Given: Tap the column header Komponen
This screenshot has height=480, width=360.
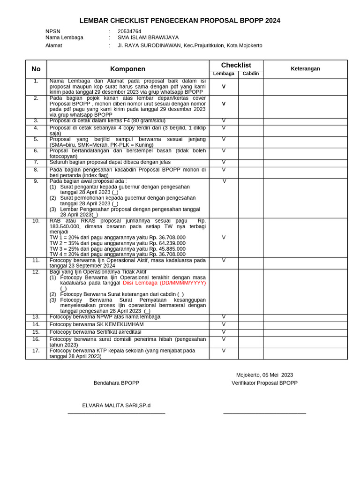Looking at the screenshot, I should pyautogui.click(x=127, y=69).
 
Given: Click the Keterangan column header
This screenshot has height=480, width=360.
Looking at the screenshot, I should pyautogui.click(x=305, y=68).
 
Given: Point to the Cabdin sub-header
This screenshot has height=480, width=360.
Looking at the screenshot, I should pyautogui.click(x=250, y=74).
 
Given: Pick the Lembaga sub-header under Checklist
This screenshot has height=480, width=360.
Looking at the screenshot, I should pyautogui.click(x=224, y=74).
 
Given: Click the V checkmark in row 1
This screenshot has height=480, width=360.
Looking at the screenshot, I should pyautogui.click(x=224, y=87).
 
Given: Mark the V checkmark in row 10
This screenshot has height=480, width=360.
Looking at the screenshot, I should pyautogui.click(x=224, y=238).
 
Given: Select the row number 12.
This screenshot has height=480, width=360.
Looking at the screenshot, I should pyautogui.click(x=36, y=272).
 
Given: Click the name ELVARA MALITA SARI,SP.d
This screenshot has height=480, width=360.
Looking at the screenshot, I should pyautogui.click(x=116, y=405).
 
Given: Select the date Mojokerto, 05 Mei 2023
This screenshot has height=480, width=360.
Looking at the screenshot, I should pyautogui.click(x=264, y=375).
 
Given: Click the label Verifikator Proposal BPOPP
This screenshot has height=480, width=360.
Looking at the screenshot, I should pyautogui.click(x=264, y=383).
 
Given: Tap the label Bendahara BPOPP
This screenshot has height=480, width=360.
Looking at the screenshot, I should pyautogui.click(x=116, y=383).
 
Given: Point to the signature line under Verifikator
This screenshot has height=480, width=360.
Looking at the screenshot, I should pyautogui.click(x=264, y=413).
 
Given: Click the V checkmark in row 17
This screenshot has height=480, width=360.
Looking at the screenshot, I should pyautogui.click(x=224, y=351).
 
